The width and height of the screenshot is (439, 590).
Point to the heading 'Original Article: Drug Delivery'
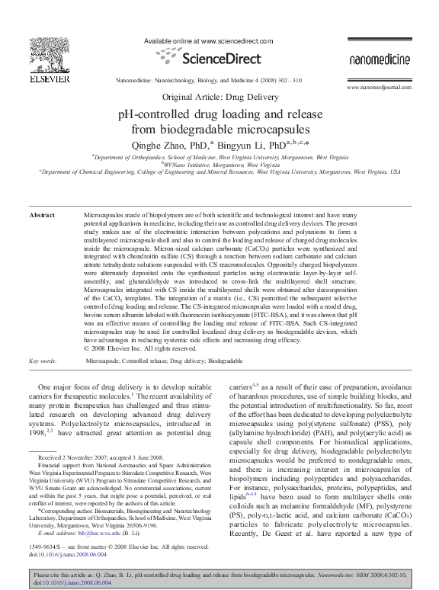220,98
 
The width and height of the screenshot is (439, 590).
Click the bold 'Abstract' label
41,216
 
